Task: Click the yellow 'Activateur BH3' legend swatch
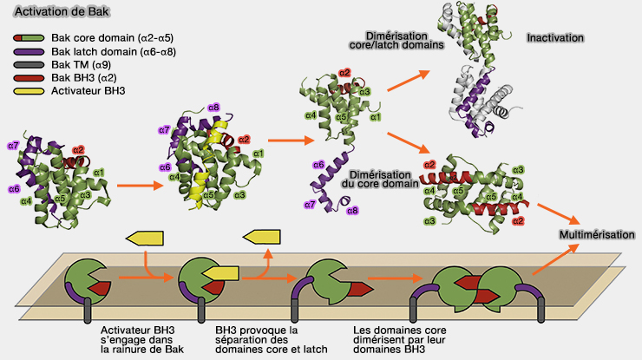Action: pyautogui.click(x=30, y=89)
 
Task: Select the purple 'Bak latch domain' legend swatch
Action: pyautogui.click(x=30, y=51)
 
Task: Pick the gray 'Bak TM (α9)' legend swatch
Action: pyautogui.click(x=30, y=64)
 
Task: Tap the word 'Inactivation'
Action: pyautogui.click(x=555, y=38)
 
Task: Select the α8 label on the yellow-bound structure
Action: pyautogui.click(x=214, y=107)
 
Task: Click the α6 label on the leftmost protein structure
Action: pyautogui.click(x=14, y=188)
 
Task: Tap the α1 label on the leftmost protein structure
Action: pyautogui.click(x=98, y=172)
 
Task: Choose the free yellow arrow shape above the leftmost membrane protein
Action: pyautogui.click(x=147, y=238)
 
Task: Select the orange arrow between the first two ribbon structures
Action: pyautogui.click(x=134, y=184)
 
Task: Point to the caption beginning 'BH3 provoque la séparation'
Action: pyautogui.click(x=256, y=339)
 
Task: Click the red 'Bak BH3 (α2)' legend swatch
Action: pyautogui.click(x=30, y=76)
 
